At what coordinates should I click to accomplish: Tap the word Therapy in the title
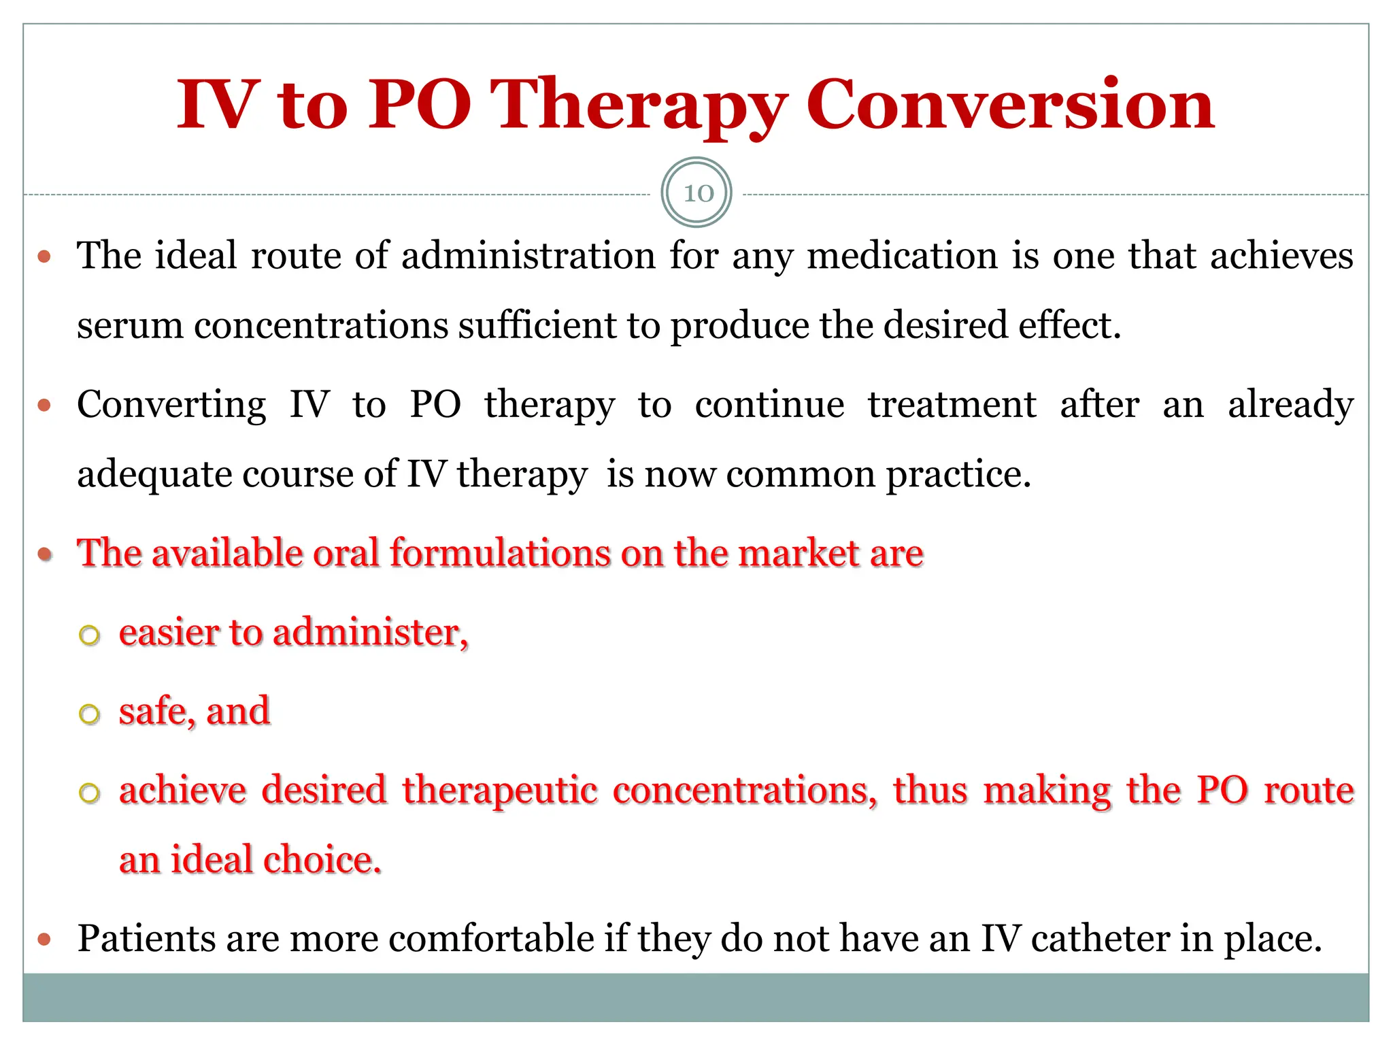pyautogui.click(x=638, y=105)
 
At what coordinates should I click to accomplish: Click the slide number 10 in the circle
pyautogui.click(x=697, y=193)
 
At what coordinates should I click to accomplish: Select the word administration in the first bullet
pyautogui.click(x=528, y=256)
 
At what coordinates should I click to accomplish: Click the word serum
pyautogui.click(x=129, y=326)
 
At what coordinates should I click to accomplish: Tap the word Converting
pyautogui.click(x=171, y=405)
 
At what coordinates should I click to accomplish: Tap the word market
pyautogui.click(x=799, y=552)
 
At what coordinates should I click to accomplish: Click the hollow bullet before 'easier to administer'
pyautogui.click(x=90, y=635)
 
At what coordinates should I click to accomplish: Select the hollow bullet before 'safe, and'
pyautogui.click(x=90, y=714)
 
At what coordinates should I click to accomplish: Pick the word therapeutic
pyautogui.click(x=500, y=791)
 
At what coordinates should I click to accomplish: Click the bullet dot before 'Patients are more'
pyautogui.click(x=45, y=940)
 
